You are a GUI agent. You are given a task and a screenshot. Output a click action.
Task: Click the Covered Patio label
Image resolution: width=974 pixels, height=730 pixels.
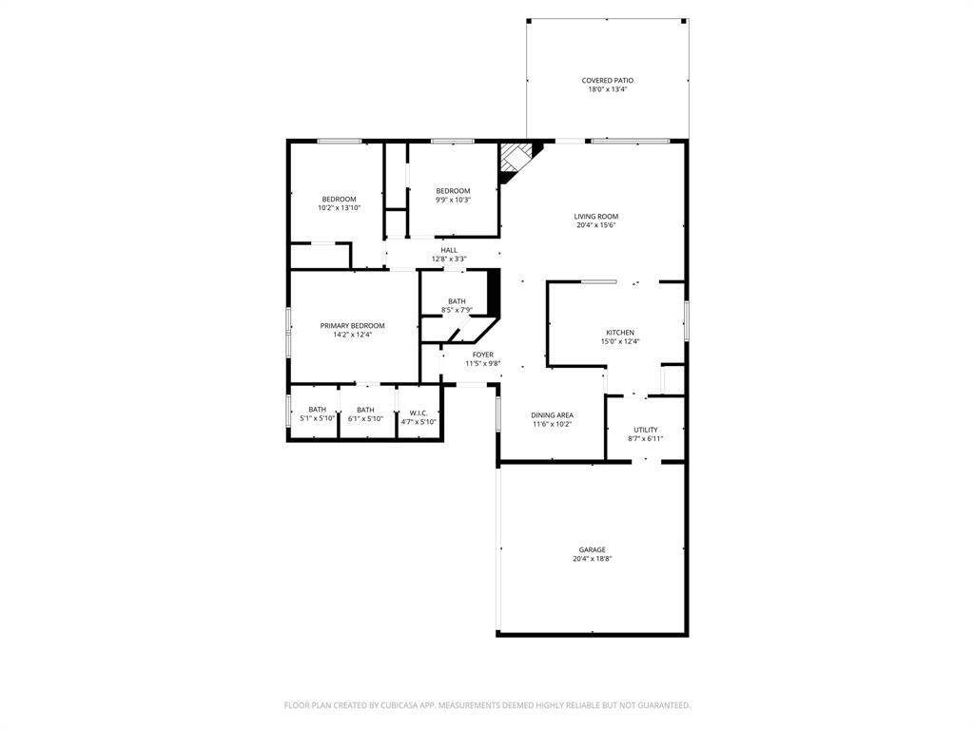tap(607, 81)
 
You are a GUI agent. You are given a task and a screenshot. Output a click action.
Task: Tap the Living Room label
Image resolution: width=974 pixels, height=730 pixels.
tap(595, 217)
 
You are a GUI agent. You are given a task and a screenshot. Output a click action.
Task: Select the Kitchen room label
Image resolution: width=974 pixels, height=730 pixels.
tap(619, 333)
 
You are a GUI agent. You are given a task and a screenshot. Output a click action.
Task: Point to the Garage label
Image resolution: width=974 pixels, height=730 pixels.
tap(592, 549)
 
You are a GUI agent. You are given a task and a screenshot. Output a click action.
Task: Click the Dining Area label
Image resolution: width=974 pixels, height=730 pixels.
tap(552, 415)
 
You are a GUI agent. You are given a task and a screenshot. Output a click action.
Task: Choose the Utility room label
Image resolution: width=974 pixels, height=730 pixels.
tap(645, 430)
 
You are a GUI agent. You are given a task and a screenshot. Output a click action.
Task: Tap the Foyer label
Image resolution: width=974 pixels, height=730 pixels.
tap(482, 355)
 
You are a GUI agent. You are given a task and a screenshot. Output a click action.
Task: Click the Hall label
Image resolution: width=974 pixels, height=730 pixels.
tap(448, 250)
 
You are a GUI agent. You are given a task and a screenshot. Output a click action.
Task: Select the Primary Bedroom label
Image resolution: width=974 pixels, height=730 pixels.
tap(352, 325)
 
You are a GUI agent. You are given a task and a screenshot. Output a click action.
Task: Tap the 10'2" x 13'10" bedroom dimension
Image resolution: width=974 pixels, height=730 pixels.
tap(339, 208)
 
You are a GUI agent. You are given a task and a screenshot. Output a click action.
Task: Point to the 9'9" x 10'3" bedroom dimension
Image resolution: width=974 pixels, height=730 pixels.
tap(453, 200)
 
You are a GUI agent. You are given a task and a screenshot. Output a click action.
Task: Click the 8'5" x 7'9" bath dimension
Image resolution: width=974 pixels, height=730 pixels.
tap(457, 310)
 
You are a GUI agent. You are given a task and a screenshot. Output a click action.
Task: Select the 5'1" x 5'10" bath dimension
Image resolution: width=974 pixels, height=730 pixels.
tap(317, 418)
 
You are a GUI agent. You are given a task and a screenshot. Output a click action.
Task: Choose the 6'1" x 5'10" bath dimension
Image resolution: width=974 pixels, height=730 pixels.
tap(365, 418)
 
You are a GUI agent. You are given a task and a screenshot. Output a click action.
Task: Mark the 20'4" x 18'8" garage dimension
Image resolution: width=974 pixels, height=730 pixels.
tap(592, 559)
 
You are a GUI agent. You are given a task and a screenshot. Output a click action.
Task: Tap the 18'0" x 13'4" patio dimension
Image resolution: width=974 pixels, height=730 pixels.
tap(607, 89)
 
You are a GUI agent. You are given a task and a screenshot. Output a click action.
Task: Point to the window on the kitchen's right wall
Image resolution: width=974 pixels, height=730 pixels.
tap(686, 320)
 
